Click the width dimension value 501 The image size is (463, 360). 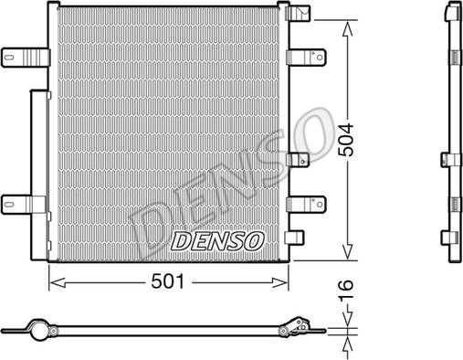tap(167, 282)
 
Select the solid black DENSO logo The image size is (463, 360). tap(218, 242)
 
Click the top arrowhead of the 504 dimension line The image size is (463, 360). tap(346, 27)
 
